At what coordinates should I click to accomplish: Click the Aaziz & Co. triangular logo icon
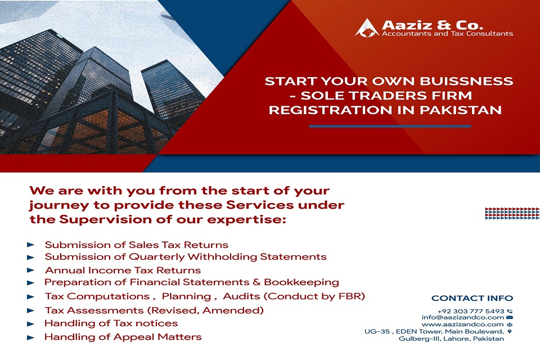point(367,28)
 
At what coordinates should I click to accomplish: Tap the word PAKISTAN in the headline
point(461,110)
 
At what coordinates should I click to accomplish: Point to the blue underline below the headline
point(390,127)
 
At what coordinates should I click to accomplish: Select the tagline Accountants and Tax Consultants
point(447,34)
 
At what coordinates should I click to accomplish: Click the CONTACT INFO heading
point(472,298)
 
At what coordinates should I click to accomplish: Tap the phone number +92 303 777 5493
point(471,311)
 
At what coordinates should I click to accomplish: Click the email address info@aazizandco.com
point(463,317)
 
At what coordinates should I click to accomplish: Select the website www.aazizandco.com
point(462,324)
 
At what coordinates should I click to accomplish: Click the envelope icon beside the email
point(510,317)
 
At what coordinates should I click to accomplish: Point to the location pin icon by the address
point(510,331)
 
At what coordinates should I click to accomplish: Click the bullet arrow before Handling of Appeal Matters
point(30,337)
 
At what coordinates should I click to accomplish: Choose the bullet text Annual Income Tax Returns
point(123,270)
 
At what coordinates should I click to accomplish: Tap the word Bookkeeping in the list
point(301,282)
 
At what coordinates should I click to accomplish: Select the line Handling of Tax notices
point(111,323)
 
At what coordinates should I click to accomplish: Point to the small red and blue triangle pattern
point(512,214)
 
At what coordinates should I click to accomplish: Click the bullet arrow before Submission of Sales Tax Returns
point(30,245)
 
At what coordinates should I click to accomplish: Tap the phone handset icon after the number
point(510,311)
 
